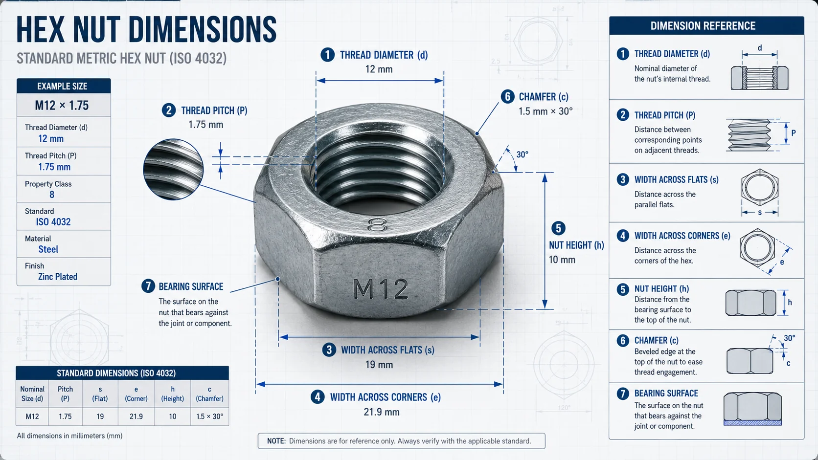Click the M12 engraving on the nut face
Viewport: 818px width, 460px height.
pyautogui.click(x=381, y=289)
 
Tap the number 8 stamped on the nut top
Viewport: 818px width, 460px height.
pyautogui.click(x=377, y=225)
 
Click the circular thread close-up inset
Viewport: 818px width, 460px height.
pyautogui.click(x=173, y=169)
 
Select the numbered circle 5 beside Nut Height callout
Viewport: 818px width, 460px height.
pyautogui.click(x=558, y=228)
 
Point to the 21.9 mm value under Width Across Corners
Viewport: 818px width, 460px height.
pyautogui.click(x=381, y=412)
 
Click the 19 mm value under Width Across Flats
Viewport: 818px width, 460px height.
pyautogui.click(x=379, y=364)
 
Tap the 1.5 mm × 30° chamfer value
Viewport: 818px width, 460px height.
pyautogui.click(x=545, y=111)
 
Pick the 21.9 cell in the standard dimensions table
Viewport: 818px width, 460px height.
pyautogui.click(x=136, y=416)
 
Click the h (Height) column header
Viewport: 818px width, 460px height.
pyautogui.click(x=173, y=394)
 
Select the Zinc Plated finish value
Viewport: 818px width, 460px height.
pyautogui.click(x=58, y=277)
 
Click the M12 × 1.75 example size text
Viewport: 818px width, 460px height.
pyautogui.click(x=62, y=106)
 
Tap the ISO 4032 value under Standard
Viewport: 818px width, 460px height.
pyautogui.click(x=53, y=222)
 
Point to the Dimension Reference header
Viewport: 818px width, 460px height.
pyautogui.click(x=703, y=26)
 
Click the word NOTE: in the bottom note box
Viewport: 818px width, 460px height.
pyautogui.click(x=276, y=441)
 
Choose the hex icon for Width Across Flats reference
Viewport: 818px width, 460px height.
pyautogui.click(x=760, y=188)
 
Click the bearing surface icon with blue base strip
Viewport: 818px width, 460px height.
pyautogui.click(x=752, y=409)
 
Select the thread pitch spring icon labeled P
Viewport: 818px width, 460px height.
pyautogui.click(x=749, y=134)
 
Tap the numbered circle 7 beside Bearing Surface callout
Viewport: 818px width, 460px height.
pyautogui.click(x=148, y=286)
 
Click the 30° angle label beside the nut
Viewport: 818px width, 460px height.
pyautogui.click(x=522, y=154)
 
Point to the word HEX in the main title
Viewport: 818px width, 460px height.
pyautogui.click(x=41, y=29)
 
